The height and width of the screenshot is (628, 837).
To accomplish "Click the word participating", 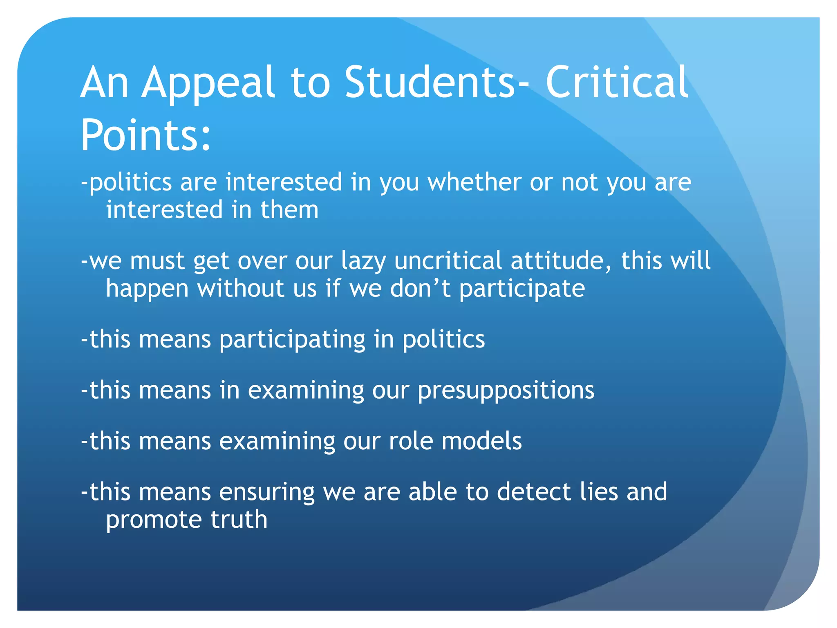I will coord(292,340).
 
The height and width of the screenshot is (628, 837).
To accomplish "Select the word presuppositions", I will coord(506,391).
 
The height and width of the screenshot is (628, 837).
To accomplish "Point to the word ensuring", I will coord(266,492).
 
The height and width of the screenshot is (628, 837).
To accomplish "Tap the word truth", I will coord(239,520).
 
